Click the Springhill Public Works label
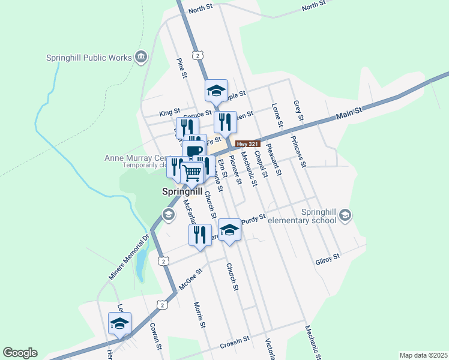(89, 58)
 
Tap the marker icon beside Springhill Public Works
(142, 57)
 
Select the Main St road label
(350, 112)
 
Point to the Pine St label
(181, 68)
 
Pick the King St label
(169, 112)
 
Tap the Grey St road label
(297, 110)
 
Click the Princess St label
(299, 152)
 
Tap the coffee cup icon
(194, 150)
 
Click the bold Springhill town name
(181, 192)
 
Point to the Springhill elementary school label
(301, 216)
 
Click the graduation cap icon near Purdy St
(229, 230)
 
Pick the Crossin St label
(234, 341)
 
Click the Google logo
(20, 353)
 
